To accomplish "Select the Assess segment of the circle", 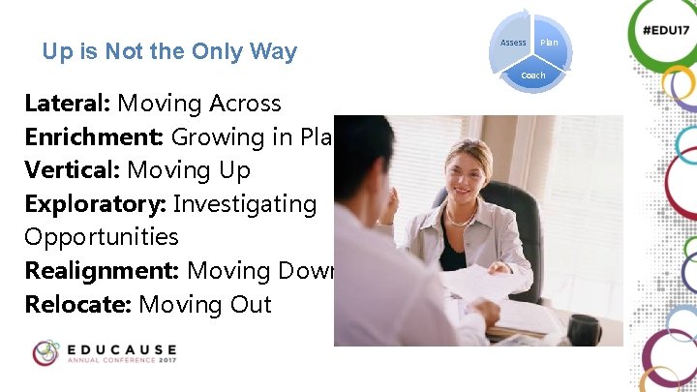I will (513, 43).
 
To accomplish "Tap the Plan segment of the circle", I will (549, 43).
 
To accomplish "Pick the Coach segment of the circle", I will (532, 75).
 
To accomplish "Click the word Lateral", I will (67, 104).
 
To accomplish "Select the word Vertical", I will (72, 170).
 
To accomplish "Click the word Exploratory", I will (95, 204).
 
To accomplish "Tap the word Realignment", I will (102, 271).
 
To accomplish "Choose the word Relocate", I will (77, 305).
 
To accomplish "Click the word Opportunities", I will (102, 237).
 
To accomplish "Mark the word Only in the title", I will (221, 51).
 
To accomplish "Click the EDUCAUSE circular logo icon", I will (45, 353).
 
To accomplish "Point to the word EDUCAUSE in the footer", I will (122, 347).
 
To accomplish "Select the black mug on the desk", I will (584, 330).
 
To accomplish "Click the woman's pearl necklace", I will (462, 221).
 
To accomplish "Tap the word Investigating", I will (244, 204).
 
